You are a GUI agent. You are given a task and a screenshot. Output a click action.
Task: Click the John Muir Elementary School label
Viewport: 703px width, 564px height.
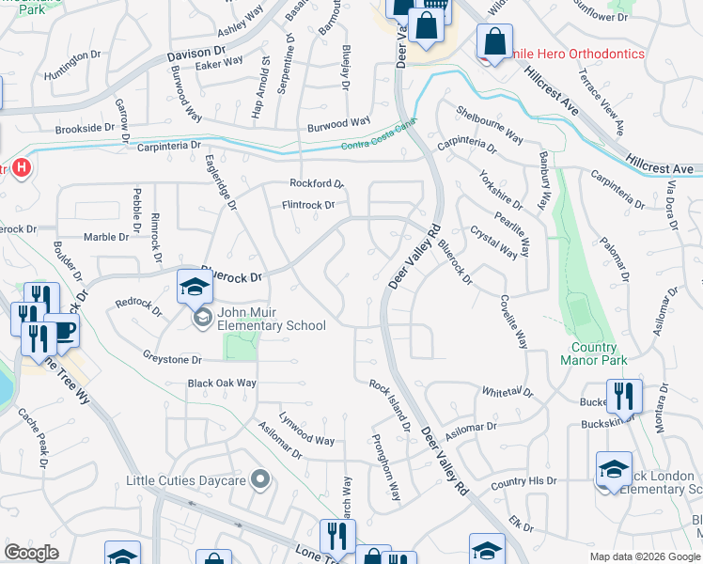(271, 319)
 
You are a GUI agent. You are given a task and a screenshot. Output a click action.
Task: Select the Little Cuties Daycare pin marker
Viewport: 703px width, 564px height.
(262, 480)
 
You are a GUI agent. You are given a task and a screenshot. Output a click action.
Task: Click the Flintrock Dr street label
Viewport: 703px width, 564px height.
(308, 205)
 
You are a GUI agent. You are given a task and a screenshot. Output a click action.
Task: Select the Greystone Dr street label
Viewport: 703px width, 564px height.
(172, 359)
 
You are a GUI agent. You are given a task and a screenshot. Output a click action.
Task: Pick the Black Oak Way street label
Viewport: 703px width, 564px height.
(222, 384)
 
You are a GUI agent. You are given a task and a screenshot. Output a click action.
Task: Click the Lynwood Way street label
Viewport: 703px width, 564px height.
(306, 440)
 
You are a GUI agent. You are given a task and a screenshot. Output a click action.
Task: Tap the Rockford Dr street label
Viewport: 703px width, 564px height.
(317, 183)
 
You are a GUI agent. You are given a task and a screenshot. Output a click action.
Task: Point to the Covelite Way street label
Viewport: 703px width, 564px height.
(513, 322)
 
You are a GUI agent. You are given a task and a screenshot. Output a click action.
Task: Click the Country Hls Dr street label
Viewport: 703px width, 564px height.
(523, 481)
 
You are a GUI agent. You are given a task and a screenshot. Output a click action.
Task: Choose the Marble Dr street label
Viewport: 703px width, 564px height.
(106, 237)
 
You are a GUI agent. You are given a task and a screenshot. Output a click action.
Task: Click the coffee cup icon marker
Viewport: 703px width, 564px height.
(62, 331)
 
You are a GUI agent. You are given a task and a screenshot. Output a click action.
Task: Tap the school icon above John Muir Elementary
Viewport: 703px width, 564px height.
(195, 286)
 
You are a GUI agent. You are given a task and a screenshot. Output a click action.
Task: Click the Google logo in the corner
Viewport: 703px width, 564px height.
(32, 553)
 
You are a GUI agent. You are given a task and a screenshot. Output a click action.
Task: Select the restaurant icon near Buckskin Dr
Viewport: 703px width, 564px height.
(624, 397)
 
